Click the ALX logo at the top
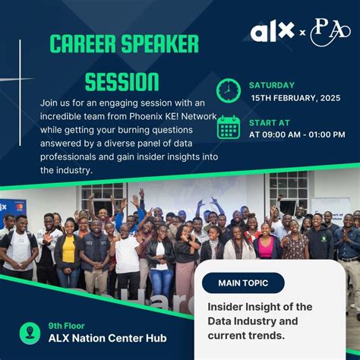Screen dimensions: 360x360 click(x=272, y=32)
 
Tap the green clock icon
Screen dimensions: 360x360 click(x=228, y=90)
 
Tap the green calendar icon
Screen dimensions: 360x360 click(x=228, y=128)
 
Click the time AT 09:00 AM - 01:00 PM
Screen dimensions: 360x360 click(x=297, y=134)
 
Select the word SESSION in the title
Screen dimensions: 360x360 click(x=122, y=81)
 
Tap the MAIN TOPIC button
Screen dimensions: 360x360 click(x=243, y=283)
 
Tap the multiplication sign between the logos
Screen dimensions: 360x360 click(x=302, y=33)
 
